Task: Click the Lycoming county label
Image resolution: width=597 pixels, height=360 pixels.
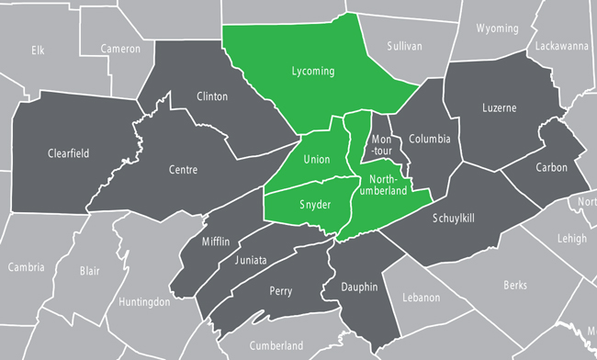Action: click(312, 71)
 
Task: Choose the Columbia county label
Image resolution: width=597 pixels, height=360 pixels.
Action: click(429, 140)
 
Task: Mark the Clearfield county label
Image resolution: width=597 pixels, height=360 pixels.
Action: click(68, 153)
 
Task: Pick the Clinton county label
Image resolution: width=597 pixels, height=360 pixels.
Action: click(212, 96)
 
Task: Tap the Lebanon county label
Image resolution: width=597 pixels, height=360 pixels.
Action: click(421, 298)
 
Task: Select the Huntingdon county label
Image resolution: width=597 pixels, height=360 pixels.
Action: click(144, 301)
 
